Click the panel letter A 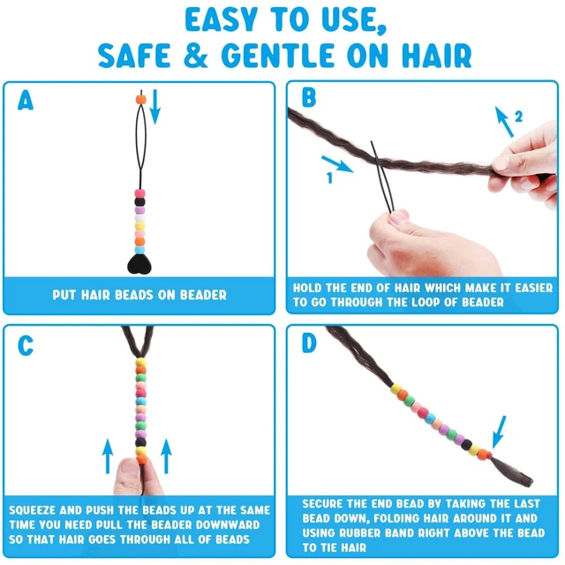(x=26, y=101)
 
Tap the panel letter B (x=309, y=97)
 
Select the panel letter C (x=26, y=346)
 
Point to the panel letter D (x=309, y=343)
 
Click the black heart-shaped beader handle (x=139, y=264)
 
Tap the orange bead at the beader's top (x=141, y=100)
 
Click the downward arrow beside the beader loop (x=155, y=107)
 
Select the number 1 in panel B (x=329, y=177)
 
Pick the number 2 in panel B (x=518, y=117)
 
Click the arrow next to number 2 (x=504, y=122)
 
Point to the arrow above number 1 (x=337, y=164)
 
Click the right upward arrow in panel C (x=166, y=456)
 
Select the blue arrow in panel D (x=499, y=433)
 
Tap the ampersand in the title (x=196, y=55)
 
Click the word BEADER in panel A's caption (x=203, y=295)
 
